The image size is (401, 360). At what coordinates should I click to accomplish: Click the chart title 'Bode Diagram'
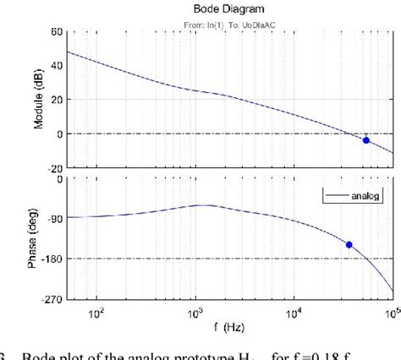tap(230, 9)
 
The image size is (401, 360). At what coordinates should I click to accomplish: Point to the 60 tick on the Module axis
tap(56, 32)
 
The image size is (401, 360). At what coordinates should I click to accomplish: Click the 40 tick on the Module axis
tap(56, 66)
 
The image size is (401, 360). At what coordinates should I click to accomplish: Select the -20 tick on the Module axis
tap(53, 167)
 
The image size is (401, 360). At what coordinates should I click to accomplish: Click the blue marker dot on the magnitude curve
tap(365, 140)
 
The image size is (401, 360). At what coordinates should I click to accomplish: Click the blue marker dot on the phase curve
tap(349, 245)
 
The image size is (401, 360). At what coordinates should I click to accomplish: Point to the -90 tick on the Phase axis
tap(52, 218)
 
